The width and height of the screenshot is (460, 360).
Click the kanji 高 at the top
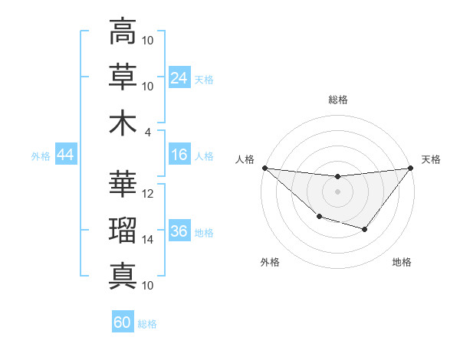[123, 32]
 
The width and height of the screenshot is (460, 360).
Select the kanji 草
[123, 77]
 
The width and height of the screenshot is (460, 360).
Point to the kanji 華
[123, 184]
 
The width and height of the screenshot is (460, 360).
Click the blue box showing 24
[179, 78]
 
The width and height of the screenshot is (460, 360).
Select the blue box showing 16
[179, 155]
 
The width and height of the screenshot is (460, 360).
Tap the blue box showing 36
[179, 232]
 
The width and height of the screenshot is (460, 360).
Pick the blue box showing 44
[66, 155]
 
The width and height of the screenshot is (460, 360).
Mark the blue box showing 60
[123, 322]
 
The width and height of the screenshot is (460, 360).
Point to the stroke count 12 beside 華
[149, 194]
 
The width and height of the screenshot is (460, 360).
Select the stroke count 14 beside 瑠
[149, 240]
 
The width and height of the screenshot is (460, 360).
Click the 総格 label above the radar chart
[337, 100]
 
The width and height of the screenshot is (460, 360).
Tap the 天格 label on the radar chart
[432, 159]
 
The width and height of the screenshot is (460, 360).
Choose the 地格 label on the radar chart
[402, 262]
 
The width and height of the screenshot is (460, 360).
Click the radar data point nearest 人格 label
[264, 168]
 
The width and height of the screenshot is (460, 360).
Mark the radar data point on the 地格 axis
[365, 229]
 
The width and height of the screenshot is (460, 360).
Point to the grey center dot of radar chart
[337, 191]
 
